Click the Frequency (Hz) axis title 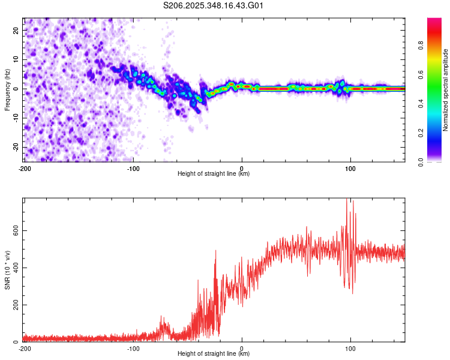[x=7, y=89]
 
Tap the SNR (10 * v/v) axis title [x=7, y=269]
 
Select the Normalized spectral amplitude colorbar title [x=446, y=89]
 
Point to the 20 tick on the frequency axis [x=16, y=30]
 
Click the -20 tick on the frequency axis [x=15, y=147]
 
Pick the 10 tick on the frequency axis [x=16, y=59]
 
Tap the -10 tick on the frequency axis [x=15, y=118]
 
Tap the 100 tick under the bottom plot [x=350, y=349]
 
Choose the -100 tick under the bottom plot [x=133, y=349]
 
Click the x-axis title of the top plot [x=214, y=174]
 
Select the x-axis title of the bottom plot [x=214, y=354]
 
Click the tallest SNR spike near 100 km [x=347, y=200]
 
